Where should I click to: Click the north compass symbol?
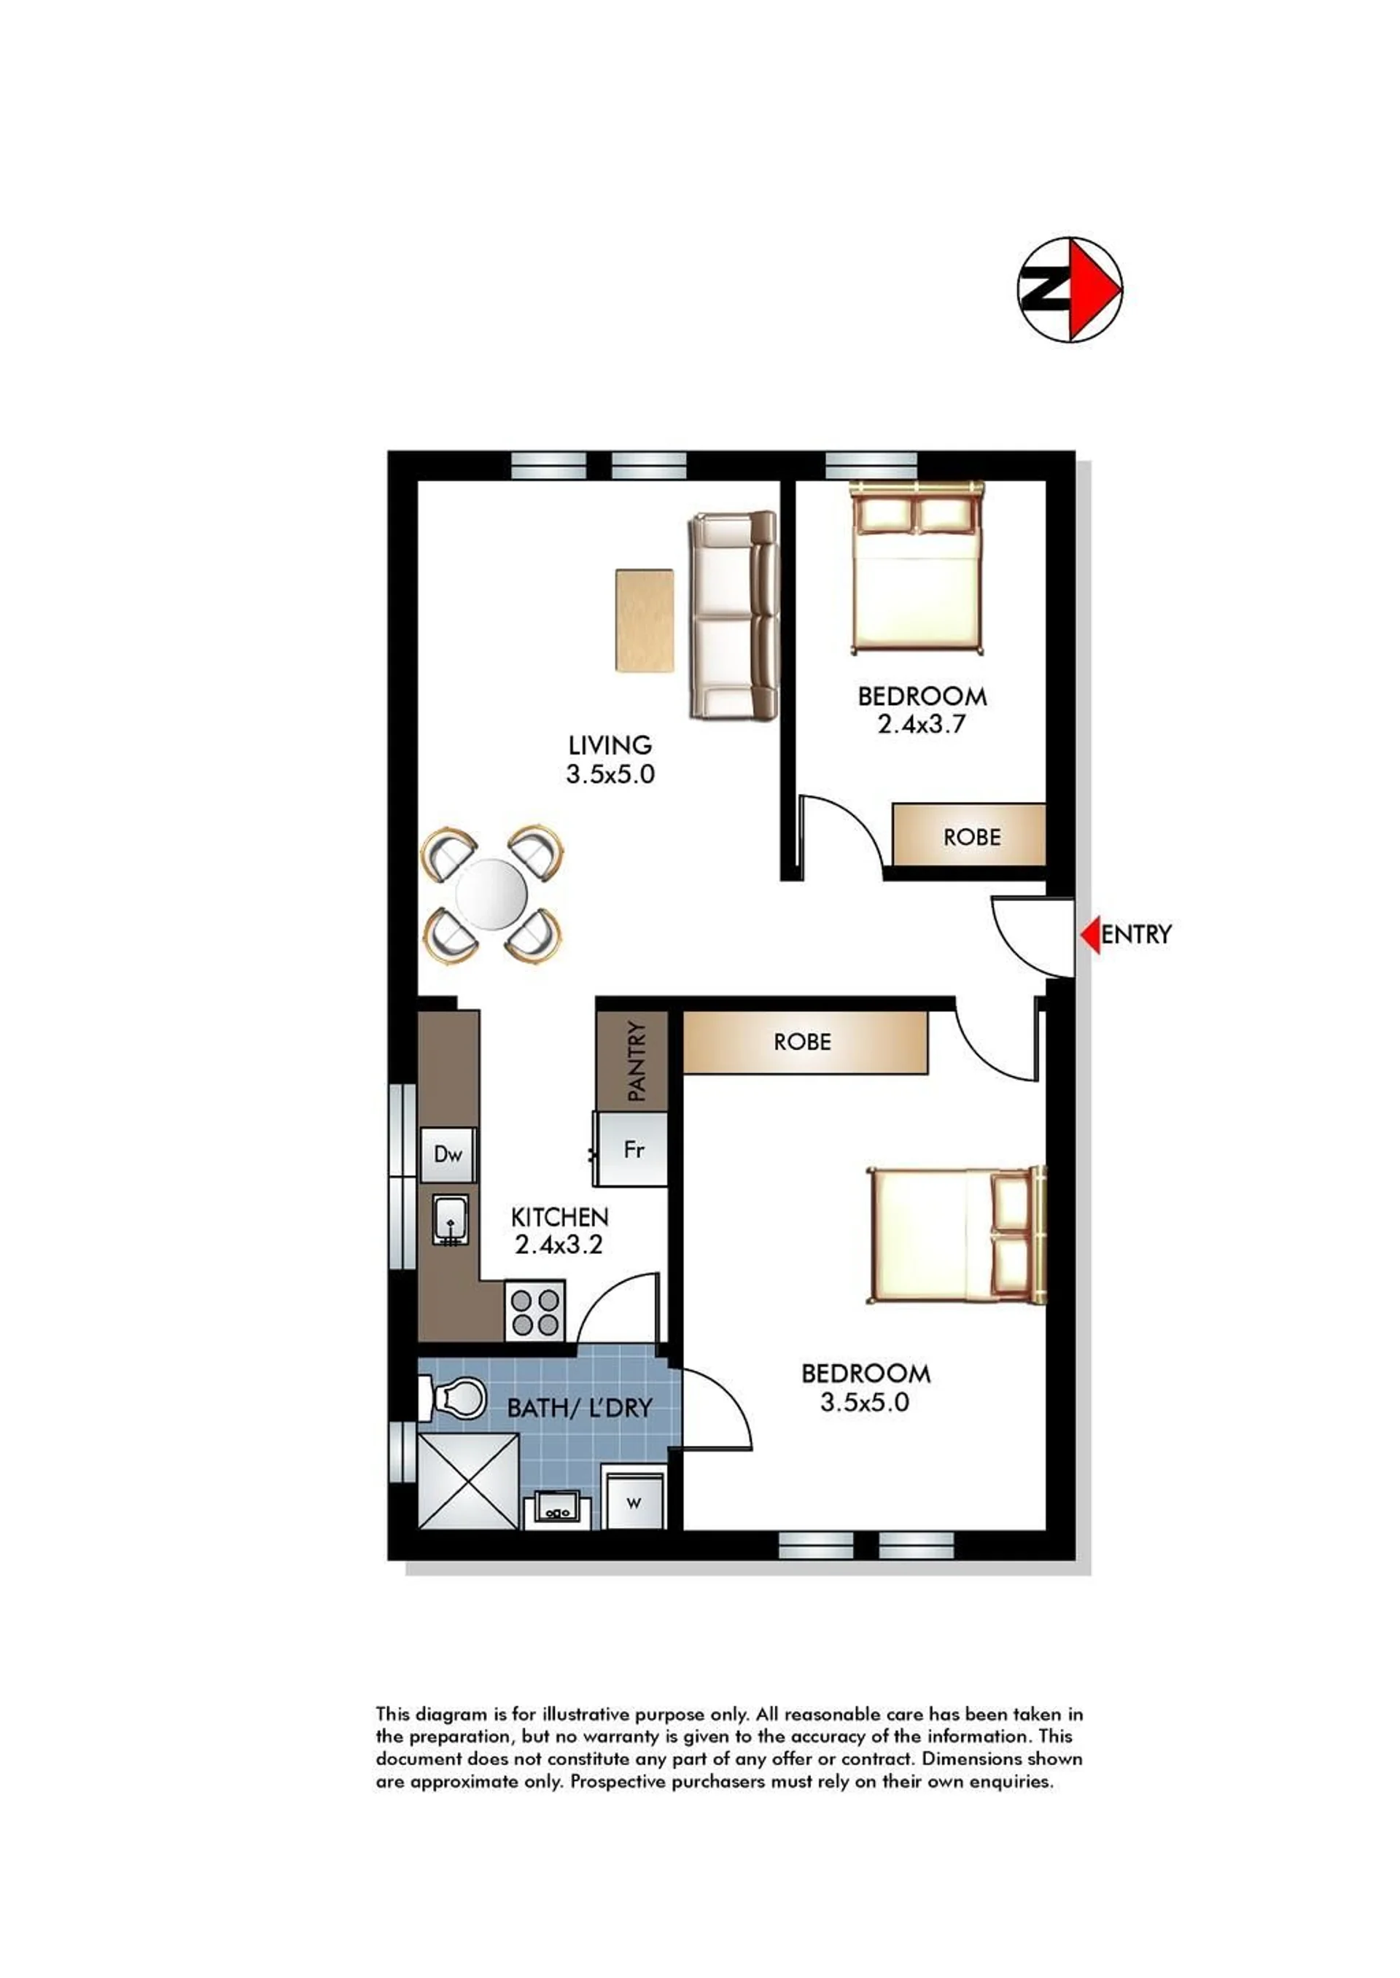pos(1070,289)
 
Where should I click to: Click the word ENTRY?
pos(1136,934)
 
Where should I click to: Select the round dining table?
pos(491,895)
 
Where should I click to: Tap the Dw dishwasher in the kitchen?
pos(448,1154)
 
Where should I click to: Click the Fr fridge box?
pos(632,1149)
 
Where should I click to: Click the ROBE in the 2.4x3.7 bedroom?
pos(969,835)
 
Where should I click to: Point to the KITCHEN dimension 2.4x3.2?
pos(559,1245)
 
